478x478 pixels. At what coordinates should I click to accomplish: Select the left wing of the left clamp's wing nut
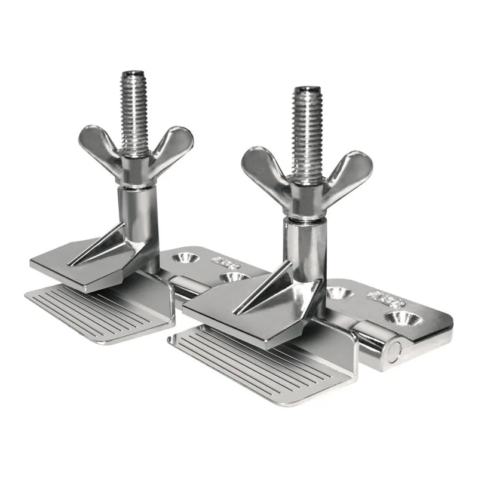(99, 143)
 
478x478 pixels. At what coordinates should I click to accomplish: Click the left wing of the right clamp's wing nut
(263, 167)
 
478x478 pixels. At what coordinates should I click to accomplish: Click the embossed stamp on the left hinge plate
(226, 262)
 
